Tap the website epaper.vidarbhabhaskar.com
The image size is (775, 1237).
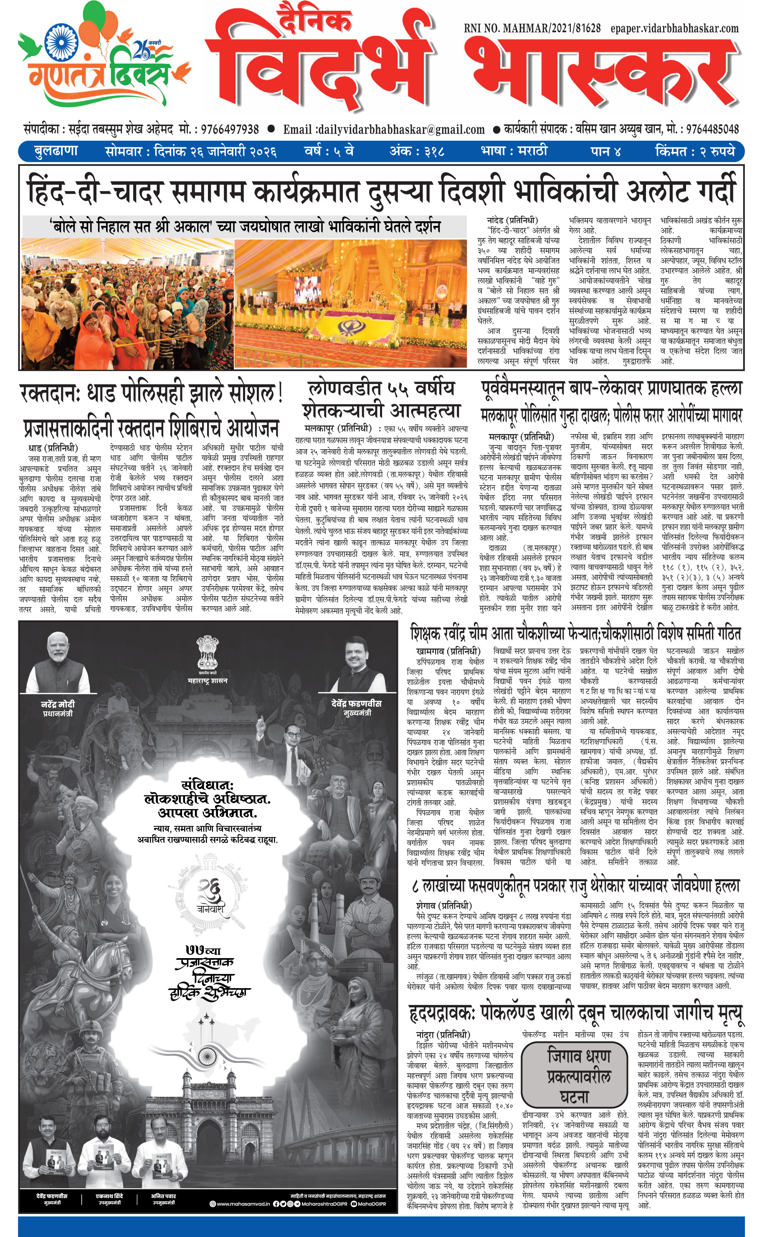tap(674, 29)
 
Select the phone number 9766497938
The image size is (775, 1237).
tap(230, 130)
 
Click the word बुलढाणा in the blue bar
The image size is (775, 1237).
tap(56, 152)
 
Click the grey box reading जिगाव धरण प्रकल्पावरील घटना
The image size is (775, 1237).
tap(575, 1075)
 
